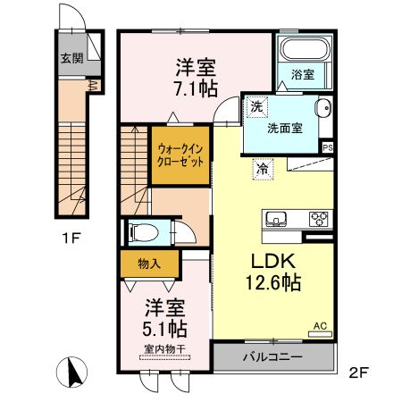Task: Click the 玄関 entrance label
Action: (x=71, y=57)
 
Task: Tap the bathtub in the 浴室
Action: (x=306, y=49)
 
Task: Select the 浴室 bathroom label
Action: (x=303, y=74)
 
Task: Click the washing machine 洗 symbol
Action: (x=256, y=107)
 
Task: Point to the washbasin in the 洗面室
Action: (x=322, y=107)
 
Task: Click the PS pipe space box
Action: (x=328, y=148)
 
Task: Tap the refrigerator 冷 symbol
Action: (x=264, y=169)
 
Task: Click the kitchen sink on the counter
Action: (x=276, y=219)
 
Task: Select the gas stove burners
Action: (x=319, y=219)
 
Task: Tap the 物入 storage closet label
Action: (x=150, y=264)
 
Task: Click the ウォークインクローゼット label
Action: (x=180, y=155)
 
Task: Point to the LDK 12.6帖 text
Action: (x=273, y=272)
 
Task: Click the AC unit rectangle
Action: (x=320, y=334)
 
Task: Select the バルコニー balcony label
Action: (x=272, y=356)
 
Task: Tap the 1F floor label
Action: (x=71, y=238)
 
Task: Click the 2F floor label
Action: (x=359, y=373)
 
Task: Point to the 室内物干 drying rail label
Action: (x=164, y=349)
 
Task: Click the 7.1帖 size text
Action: (x=197, y=88)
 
